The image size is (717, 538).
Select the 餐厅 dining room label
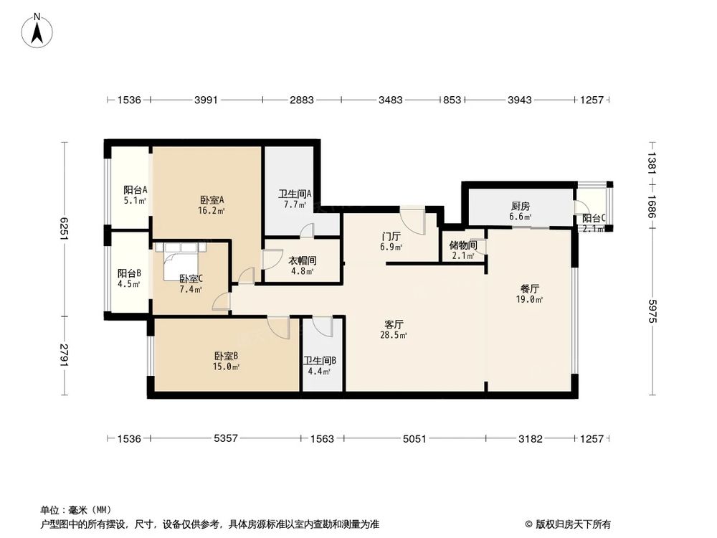(530, 288)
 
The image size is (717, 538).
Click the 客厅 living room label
(394, 324)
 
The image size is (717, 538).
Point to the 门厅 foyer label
(390, 236)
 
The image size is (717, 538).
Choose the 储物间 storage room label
(462, 245)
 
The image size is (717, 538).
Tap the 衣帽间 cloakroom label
(302, 261)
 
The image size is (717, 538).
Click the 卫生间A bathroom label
(293, 194)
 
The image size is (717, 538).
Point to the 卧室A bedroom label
(212, 200)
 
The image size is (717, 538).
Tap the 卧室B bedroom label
(226, 356)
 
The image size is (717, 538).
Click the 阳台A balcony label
(136, 190)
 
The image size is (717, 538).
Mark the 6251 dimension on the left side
(65, 230)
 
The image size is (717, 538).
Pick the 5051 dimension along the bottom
(415, 438)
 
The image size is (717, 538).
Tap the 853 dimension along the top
(452, 100)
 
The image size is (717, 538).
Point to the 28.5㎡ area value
(394, 335)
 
